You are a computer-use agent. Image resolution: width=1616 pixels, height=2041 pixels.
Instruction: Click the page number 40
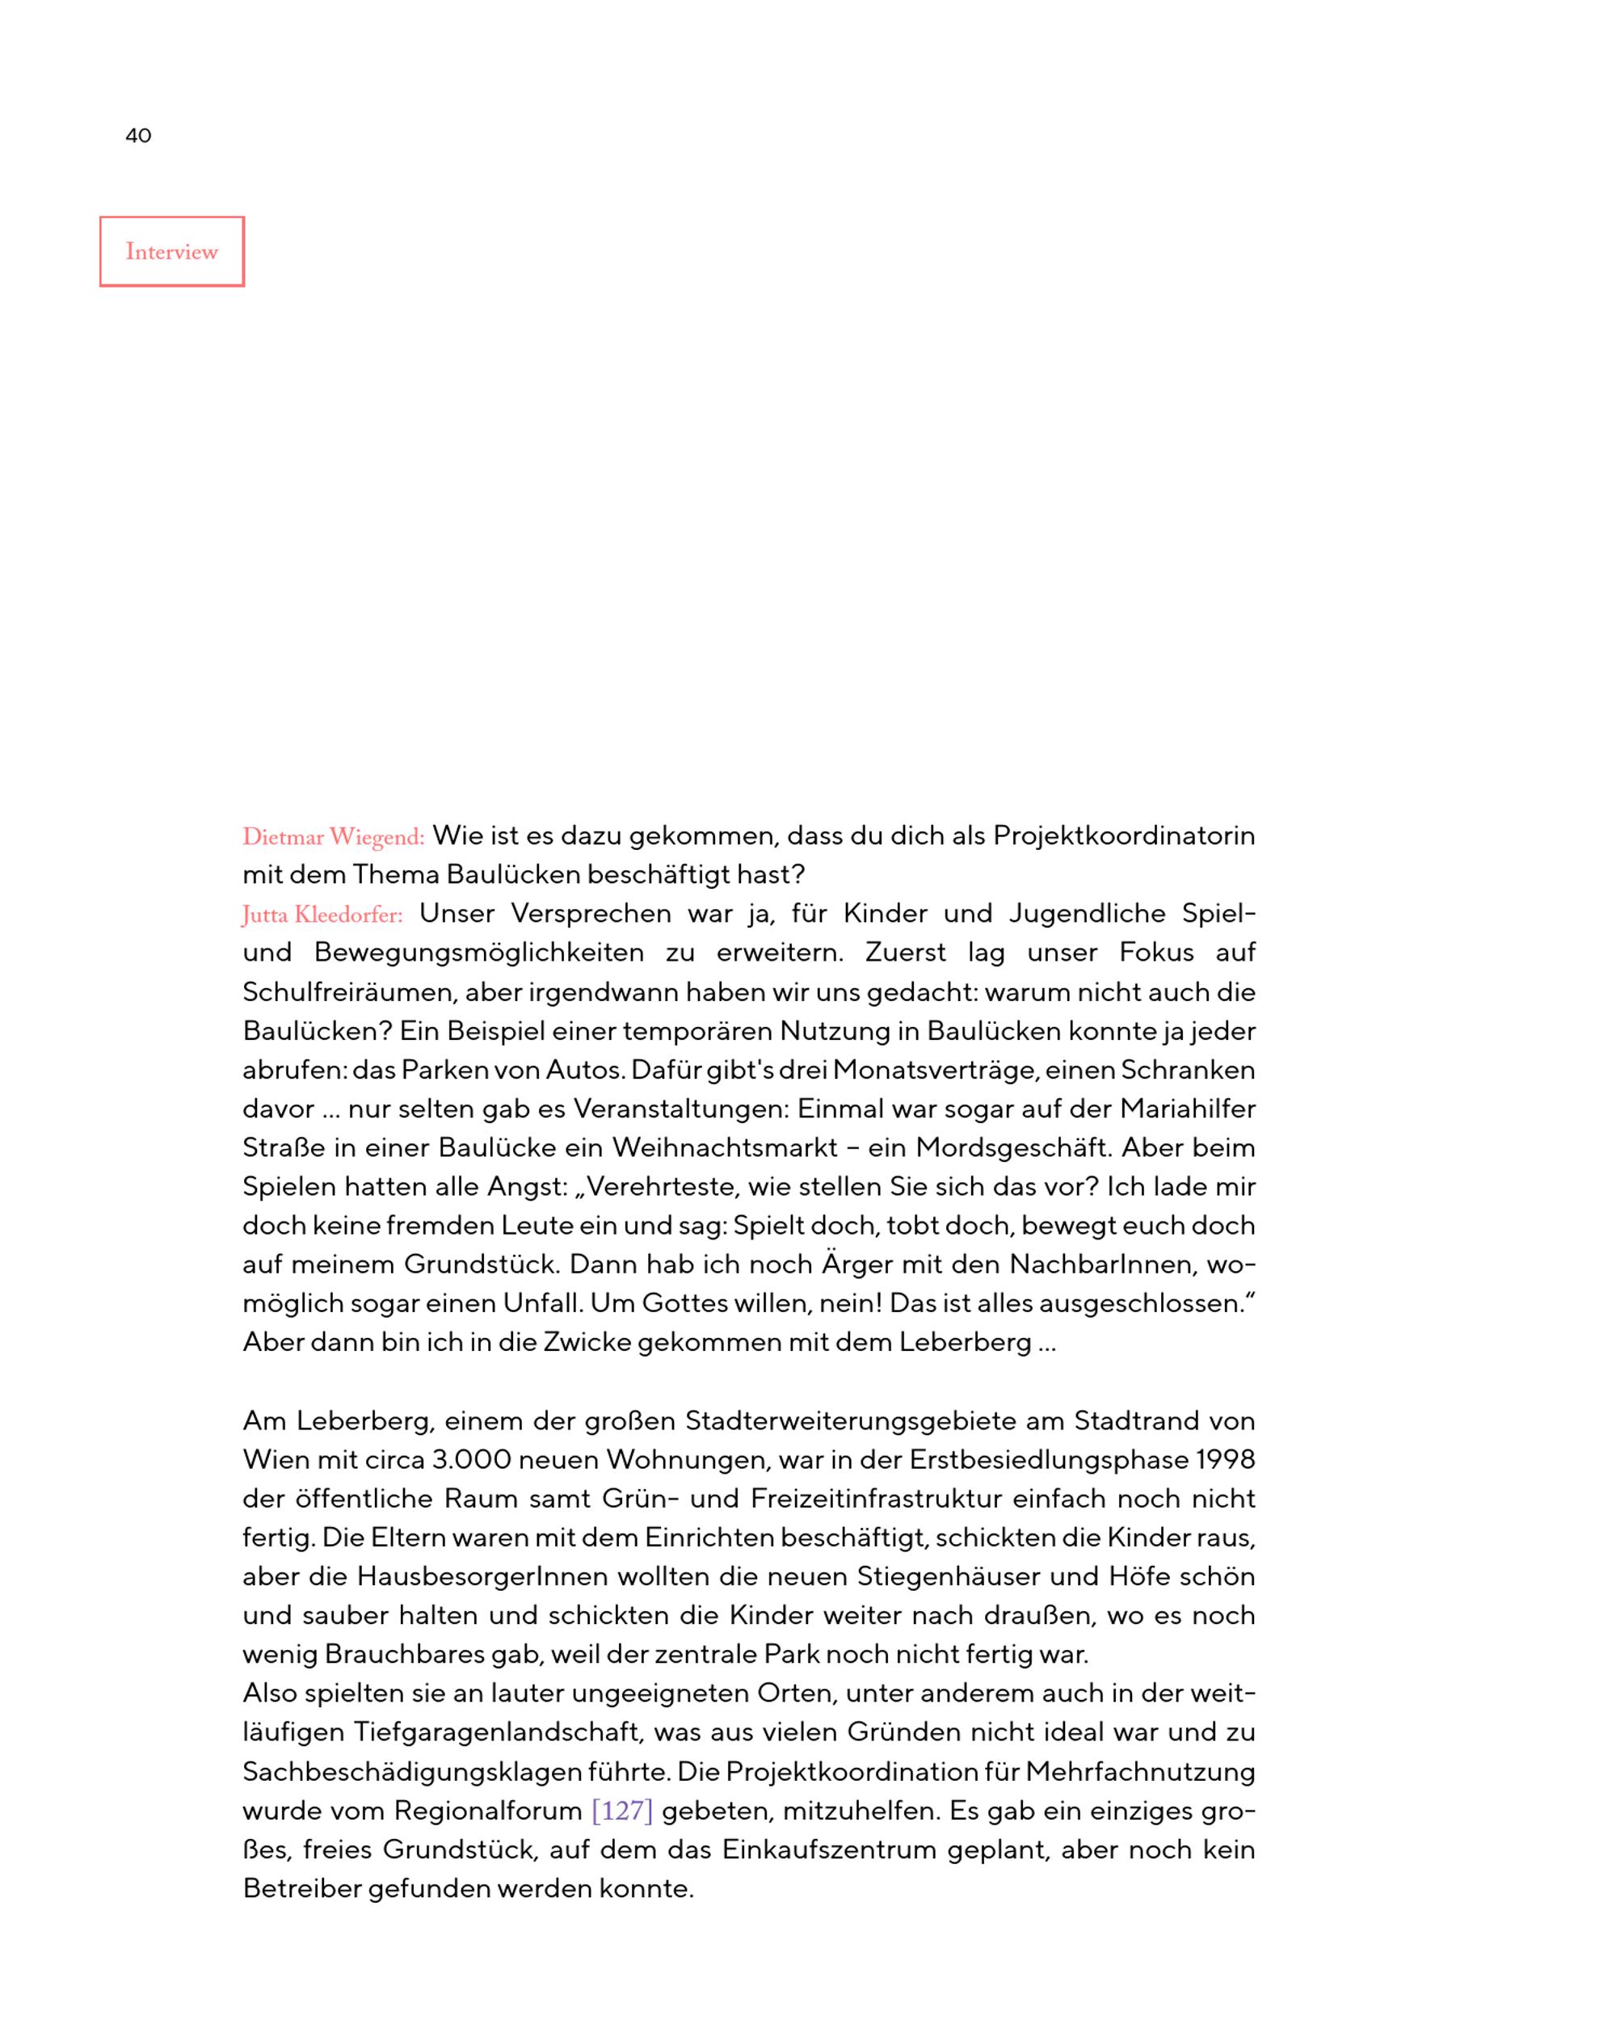click(138, 135)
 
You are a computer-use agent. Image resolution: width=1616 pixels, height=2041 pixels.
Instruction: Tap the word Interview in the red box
click(171, 252)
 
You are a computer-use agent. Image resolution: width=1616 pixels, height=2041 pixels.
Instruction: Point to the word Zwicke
click(587, 1343)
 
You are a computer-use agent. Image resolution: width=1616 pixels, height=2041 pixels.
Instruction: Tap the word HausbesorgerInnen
click(482, 1577)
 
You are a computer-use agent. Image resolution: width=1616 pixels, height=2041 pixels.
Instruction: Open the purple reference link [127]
click(621, 1811)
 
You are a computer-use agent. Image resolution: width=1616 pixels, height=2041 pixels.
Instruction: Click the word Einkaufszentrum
click(829, 1850)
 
